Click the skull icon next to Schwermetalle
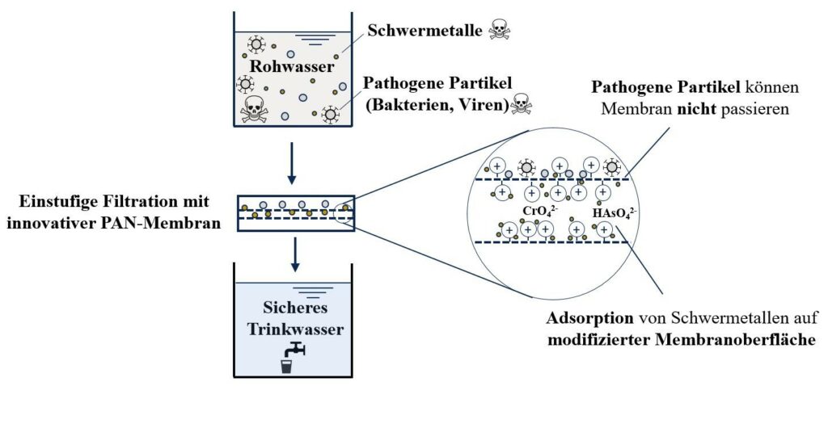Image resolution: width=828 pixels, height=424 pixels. pyautogui.click(x=500, y=31)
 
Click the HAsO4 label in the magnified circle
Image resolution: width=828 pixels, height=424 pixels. pyautogui.click(x=615, y=212)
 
